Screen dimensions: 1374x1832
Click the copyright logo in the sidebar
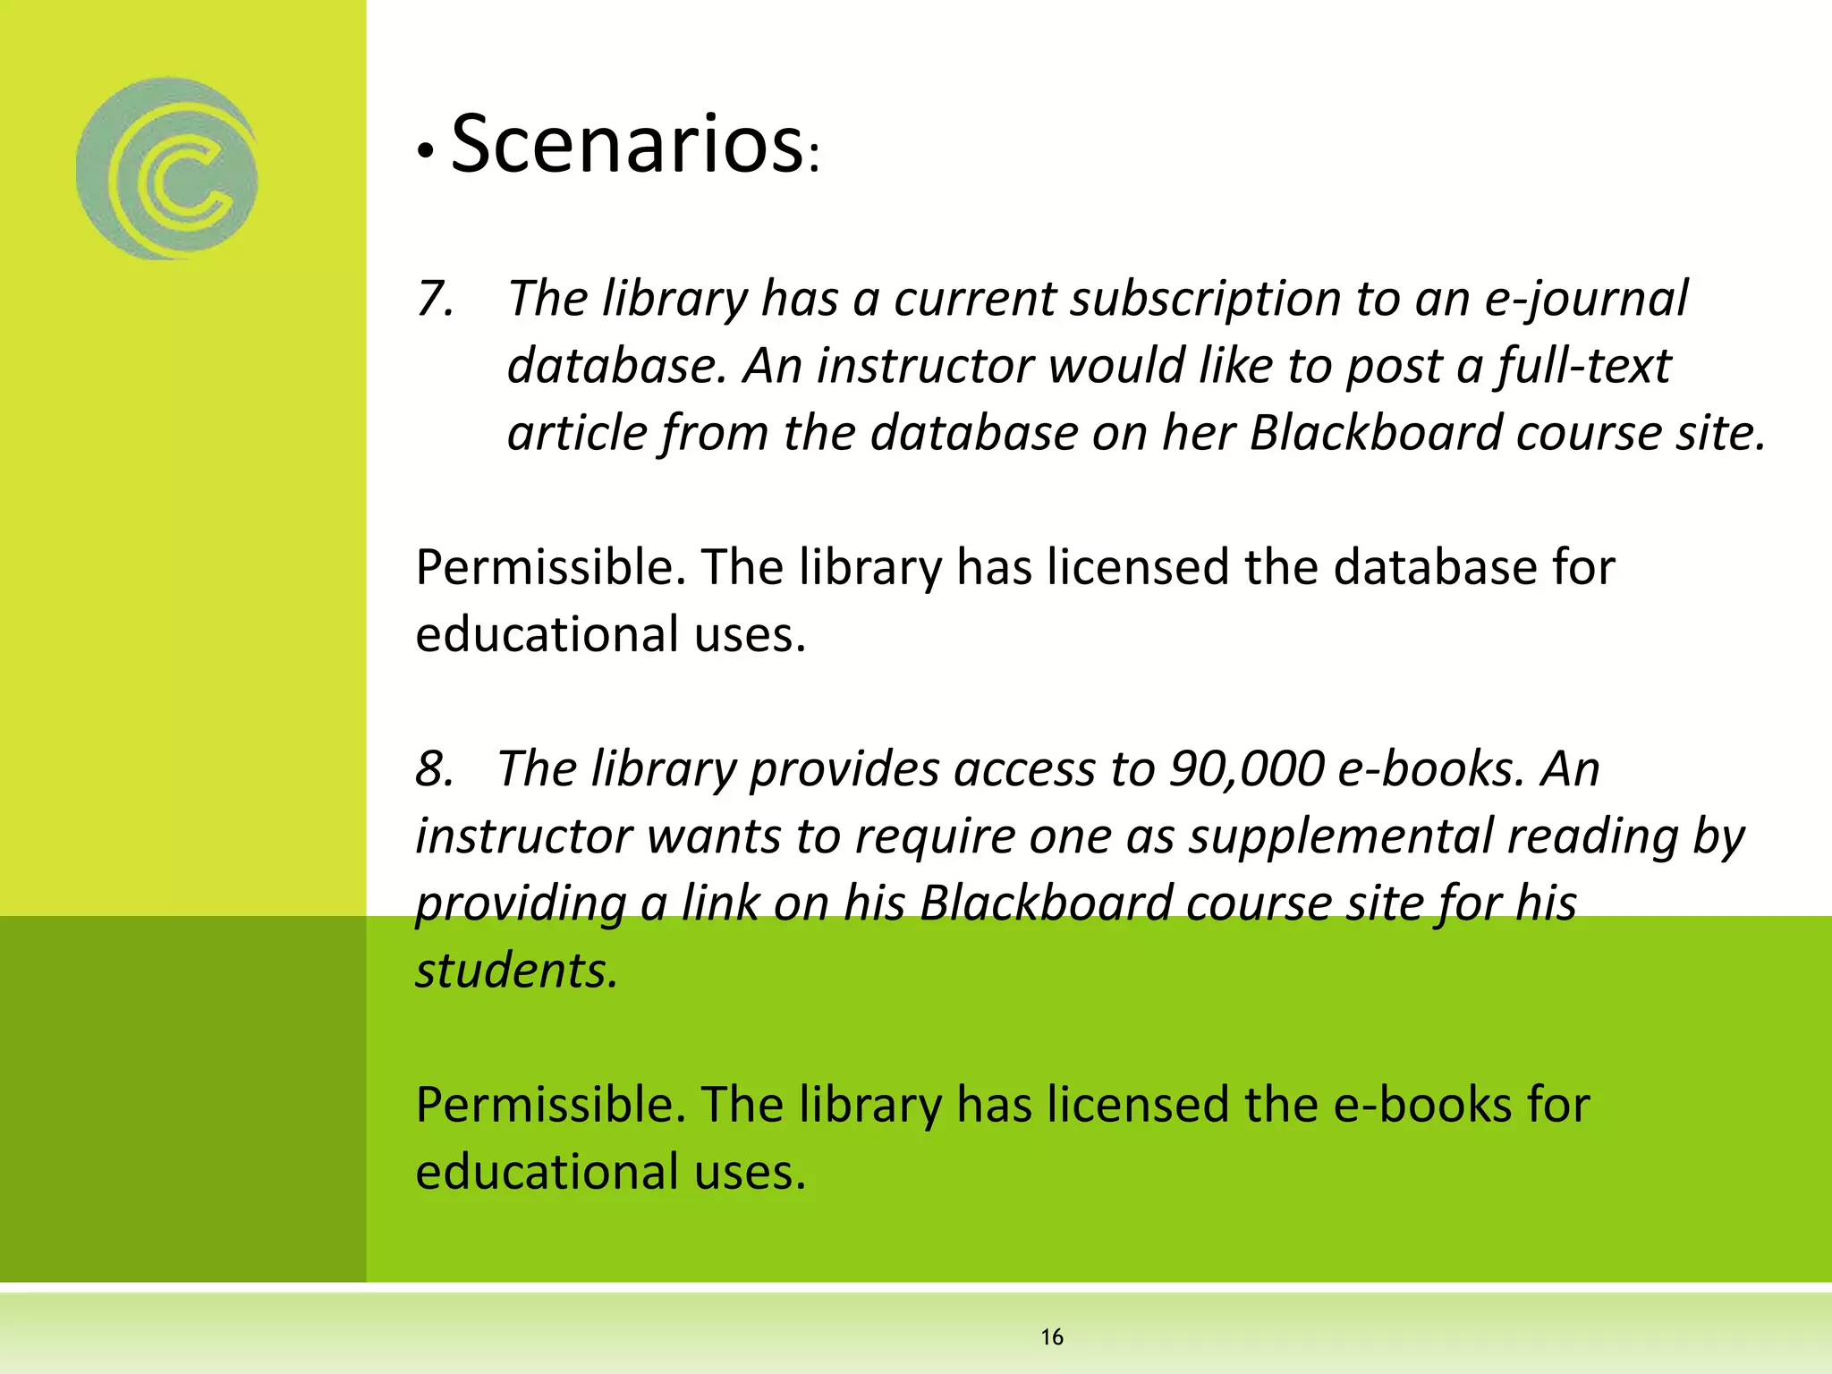(x=167, y=169)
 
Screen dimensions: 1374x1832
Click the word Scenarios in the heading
(x=626, y=144)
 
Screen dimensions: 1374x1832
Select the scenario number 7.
(x=435, y=299)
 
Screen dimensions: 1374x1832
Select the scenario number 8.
(x=435, y=768)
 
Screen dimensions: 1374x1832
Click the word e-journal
(x=1586, y=299)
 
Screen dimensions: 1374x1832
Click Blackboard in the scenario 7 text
(x=1375, y=433)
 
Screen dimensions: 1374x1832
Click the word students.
(x=517, y=970)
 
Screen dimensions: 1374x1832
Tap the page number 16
(x=1052, y=1337)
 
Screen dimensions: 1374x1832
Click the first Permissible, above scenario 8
(x=550, y=567)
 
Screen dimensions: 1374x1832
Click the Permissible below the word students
(x=550, y=1105)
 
